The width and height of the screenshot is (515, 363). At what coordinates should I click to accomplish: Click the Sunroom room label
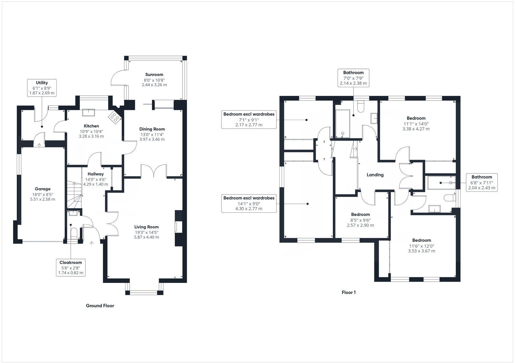click(154, 74)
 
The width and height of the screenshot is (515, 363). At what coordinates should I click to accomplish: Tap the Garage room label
click(42, 189)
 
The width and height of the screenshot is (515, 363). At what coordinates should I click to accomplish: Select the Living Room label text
click(146, 227)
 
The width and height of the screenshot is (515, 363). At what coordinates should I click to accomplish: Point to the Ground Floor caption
click(100, 306)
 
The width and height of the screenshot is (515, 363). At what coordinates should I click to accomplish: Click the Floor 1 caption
click(349, 293)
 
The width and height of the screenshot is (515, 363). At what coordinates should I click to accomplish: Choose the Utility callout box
click(42, 88)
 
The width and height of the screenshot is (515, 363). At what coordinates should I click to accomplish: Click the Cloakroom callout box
click(71, 268)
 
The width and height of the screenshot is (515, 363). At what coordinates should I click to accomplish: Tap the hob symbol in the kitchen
click(115, 117)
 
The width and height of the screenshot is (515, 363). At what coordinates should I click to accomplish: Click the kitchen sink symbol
click(89, 112)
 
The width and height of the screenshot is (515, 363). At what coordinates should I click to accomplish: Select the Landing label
click(375, 175)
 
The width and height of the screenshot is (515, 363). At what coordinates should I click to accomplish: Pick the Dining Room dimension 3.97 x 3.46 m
click(152, 139)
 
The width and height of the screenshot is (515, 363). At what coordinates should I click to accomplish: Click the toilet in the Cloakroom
click(74, 233)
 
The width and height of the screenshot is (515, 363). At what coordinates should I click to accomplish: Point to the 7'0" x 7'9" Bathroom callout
click(353, 78)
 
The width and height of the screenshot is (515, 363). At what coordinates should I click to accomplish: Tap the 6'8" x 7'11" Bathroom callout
click(482, 182)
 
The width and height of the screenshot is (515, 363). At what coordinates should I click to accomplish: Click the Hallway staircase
click(74, 195)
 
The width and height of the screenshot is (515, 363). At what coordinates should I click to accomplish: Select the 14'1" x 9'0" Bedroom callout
click(249, 203)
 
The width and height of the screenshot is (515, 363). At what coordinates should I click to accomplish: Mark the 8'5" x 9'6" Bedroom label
click(360, 215)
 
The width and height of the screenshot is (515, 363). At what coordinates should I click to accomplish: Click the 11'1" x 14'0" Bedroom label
click(416, 118)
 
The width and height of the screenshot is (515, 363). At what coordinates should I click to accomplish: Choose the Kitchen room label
click(91, 126)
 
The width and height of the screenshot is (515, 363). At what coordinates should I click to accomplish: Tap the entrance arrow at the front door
click(91, 244)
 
